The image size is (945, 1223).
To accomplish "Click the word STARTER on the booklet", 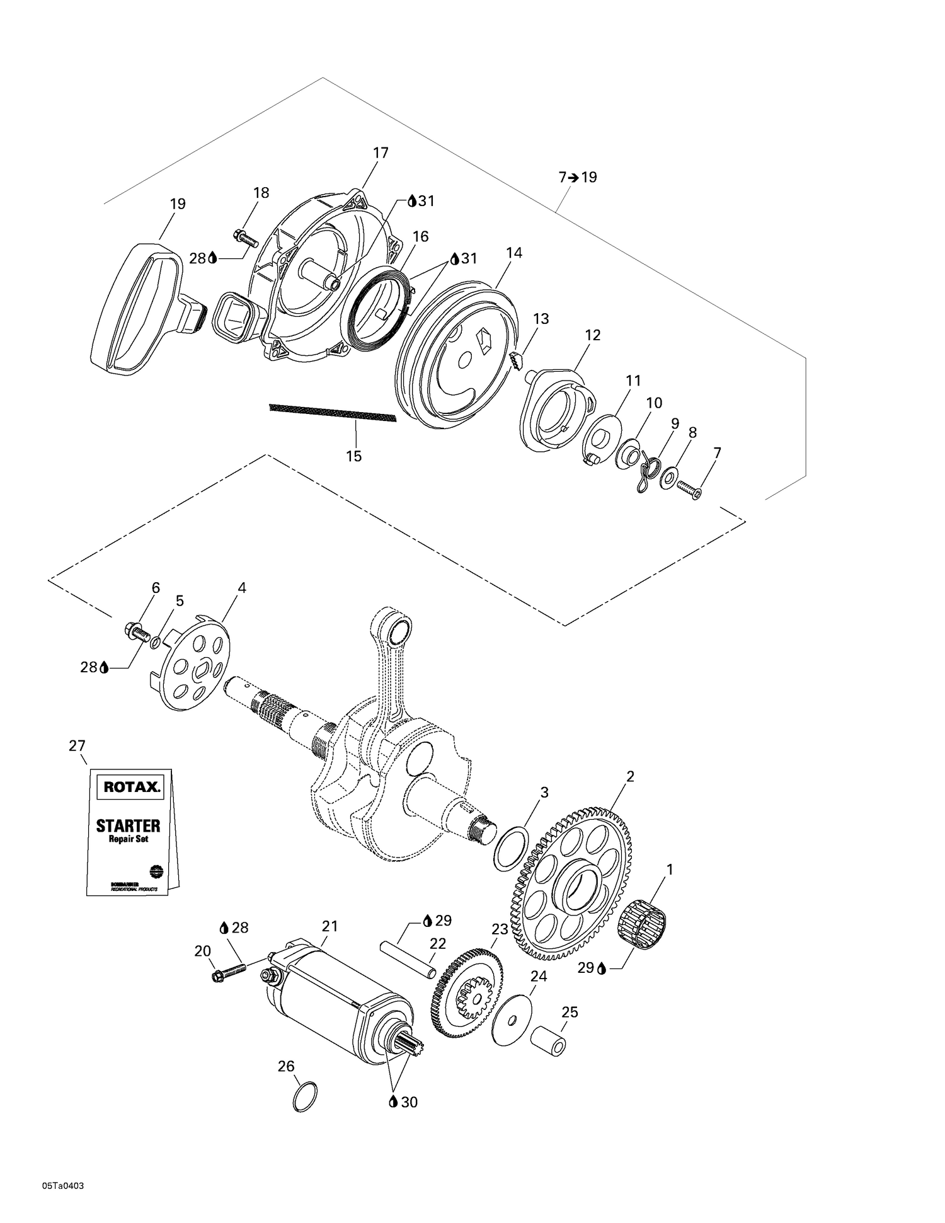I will pyautogui.click(x=128, y=825).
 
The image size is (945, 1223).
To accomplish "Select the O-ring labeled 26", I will pyautogui.click(x=306, y=1097).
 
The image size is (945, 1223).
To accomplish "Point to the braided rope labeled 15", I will pyautogui.click(x=332, y=413).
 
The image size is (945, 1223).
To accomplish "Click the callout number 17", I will pyautogui.click(x=381, y=152).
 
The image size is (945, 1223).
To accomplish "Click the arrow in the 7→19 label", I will pyautogui.click(x=573, y=178).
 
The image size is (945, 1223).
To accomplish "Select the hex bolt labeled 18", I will pyautogui.click(x=246, y=238).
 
